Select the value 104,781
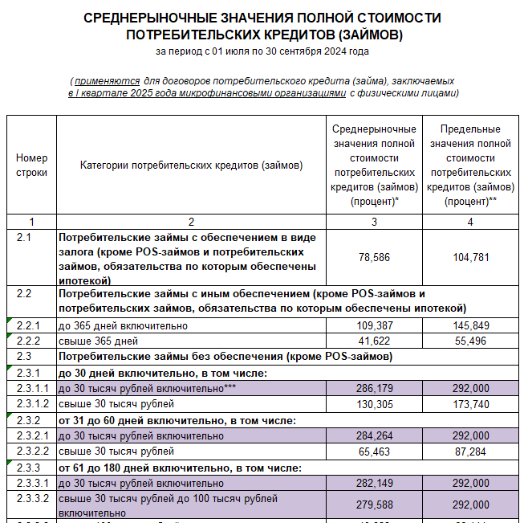click(x=470, y=256)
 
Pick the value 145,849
click(x=470, y=325)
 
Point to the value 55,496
click(x=470, y=341)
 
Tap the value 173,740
click(x=470, y=404)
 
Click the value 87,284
click(x=470, y=451)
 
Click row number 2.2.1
click(x=28, y=325)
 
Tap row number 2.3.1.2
click(x=33, y=404)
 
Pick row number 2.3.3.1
click(x=33, y=484)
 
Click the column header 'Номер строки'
click(x=31, y=165)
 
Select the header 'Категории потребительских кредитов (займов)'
click(x=191, y=165)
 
